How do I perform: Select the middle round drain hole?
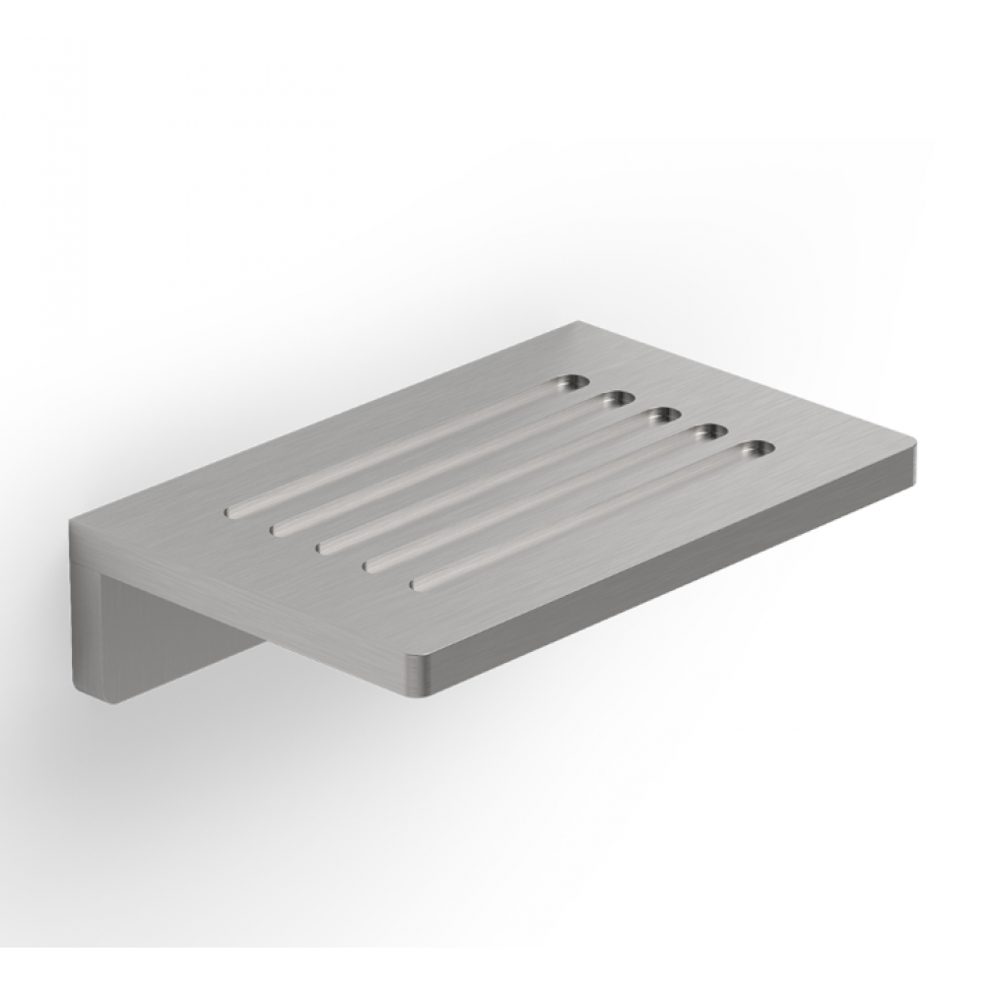pyautogui.click(x=663, y=415)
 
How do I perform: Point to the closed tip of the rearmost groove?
pyautogui.click(x=236, y=510)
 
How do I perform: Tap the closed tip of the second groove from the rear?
pyautogui.click(x=281, y=527)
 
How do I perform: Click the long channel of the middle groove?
pyautogui.click(x=492, y=480)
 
